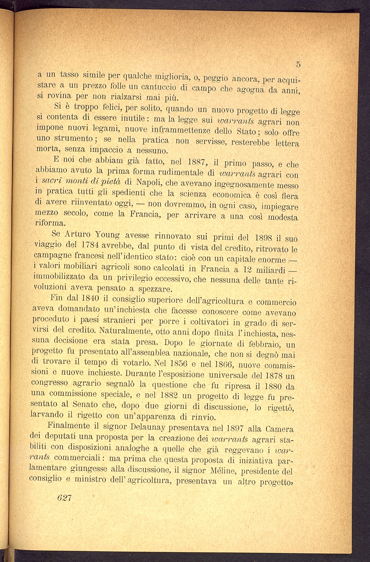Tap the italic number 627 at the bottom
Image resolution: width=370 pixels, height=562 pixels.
(x=65, y=498)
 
